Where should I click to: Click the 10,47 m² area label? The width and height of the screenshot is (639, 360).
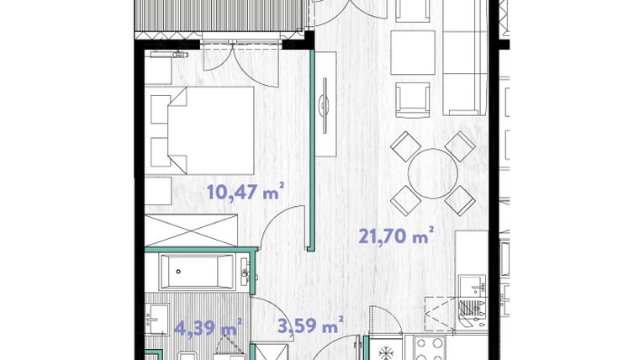244,193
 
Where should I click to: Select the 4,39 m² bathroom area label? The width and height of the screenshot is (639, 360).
207,326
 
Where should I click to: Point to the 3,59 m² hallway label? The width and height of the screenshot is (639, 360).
310,326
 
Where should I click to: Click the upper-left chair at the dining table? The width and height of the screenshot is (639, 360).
406,146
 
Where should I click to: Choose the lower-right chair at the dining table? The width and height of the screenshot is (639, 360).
460,199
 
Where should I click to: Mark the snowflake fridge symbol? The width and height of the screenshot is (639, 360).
386,347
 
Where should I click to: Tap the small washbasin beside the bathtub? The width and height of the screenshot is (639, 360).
245,271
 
